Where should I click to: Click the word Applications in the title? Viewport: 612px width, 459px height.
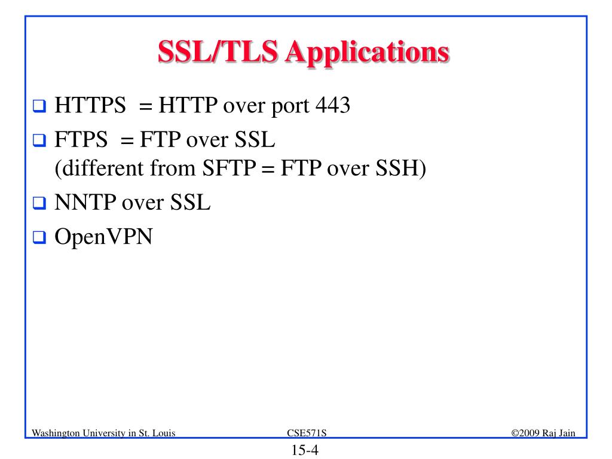click(x=367, y=53)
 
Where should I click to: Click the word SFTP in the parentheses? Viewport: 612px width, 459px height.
click(x=229, y=170)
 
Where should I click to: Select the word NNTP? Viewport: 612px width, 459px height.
click(x=85, y=204)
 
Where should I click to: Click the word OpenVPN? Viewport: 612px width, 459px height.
click(x=103, y=237)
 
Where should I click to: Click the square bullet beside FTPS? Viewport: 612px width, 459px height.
click(x=40, y=143)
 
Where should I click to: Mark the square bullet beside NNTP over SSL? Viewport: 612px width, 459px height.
click(x=40, y=205)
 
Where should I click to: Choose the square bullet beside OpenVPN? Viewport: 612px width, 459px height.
click(x=40, y=238)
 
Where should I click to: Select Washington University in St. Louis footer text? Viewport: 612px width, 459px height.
click(x=103, y=433)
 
